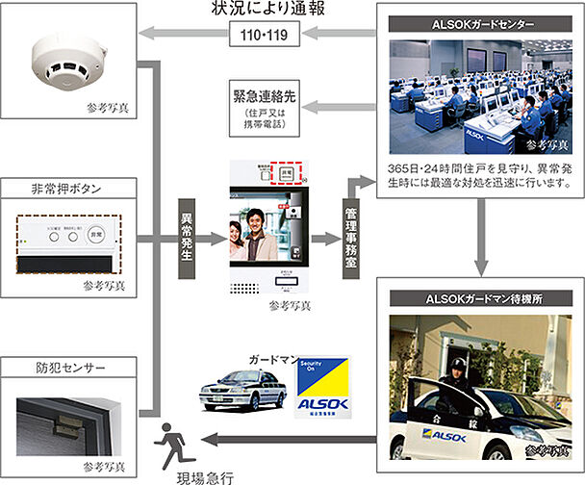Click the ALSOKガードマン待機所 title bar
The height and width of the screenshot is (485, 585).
[x=479, y=300]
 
